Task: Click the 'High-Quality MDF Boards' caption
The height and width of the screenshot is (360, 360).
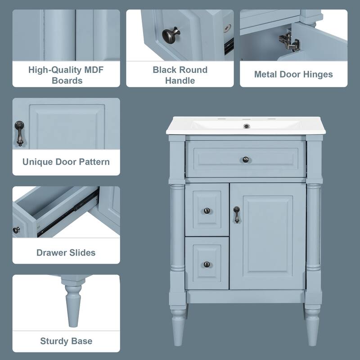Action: pyautogui.click(x=67, y=75)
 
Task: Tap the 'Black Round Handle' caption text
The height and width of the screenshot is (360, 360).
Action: pyautogui.click(x=180, y=75)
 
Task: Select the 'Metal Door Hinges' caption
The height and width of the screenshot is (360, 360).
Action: pyautogui.click(x=293, y=74)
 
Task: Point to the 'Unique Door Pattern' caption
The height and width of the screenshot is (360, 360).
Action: pyautogui.click(x=66, y=162)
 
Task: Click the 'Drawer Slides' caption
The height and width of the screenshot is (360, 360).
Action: pyautogui.click(x=66, y=252)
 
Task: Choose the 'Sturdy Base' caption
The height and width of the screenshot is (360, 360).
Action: pyautogui.click(x=66, y=341)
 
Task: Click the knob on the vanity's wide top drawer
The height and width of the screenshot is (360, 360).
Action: pyautogui.click(x=246, y=159)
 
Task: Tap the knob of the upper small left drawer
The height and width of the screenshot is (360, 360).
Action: pyautogui.click(x=207, y=211)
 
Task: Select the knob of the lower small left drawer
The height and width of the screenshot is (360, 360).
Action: pyautogui.click(x=207, y=264)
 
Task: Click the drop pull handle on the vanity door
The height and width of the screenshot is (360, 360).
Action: pyautogui.click(x=236, y=215)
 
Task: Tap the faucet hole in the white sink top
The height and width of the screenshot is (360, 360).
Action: pyautogui.click(x=246, y=126)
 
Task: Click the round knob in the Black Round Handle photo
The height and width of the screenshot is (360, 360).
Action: pyautogui.click(x=171, y=34)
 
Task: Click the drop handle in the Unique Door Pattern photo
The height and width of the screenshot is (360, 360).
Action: pyautogui.click(x=19, y=133)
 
